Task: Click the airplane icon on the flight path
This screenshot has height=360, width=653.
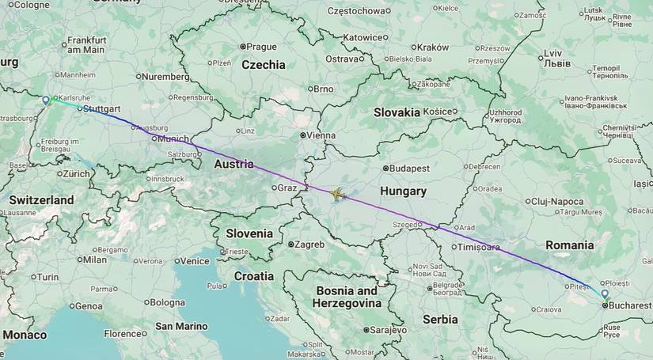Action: (x=340, y=194)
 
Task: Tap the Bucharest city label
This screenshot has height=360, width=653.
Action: (x=629, y=305)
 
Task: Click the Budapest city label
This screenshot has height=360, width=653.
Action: (x=408, y=169)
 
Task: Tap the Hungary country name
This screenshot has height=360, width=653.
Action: (x=402, y=191)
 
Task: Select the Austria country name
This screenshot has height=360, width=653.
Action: (x=233, y=165)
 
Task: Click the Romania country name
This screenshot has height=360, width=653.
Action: (x=569, y=245)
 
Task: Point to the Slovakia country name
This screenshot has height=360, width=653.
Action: (x=397, y=112)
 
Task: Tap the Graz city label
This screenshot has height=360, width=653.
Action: (x=285, y=188)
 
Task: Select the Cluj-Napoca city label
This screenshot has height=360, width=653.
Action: (x=557, y=202)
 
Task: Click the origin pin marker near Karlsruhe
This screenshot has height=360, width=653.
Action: (x=46, y=100)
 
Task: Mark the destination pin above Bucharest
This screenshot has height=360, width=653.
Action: (x=605, y=294)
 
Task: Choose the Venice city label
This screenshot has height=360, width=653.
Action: (x=194, y=261)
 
